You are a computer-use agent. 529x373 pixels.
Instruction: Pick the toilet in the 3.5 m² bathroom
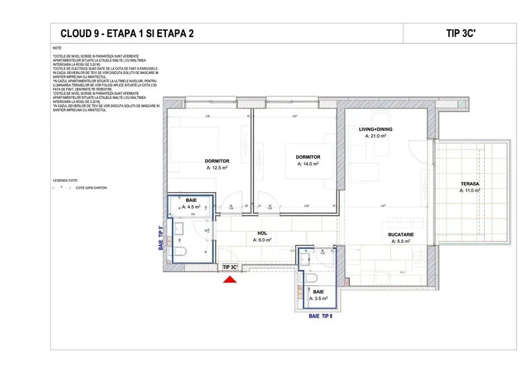click(x=311, y=279)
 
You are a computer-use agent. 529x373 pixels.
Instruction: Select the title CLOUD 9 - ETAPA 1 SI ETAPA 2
click(x=128, y=34)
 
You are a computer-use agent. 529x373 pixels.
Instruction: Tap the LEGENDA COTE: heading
click(x=65, y=180)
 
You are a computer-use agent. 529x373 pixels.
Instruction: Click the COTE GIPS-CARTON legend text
click(x=91, y=188)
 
